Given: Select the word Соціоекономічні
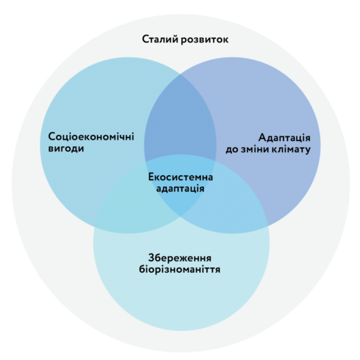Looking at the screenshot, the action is click(91, 136).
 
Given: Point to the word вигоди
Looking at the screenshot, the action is click(66, 149).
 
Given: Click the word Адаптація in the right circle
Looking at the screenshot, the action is click(284, 138).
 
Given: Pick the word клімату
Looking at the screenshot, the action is click(291, 149).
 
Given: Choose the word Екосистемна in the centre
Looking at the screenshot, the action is click(180, 177).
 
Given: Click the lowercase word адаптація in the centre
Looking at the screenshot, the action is click(180, 189).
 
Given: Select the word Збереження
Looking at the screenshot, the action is click(180, 258).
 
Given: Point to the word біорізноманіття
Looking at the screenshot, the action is click(180, 269).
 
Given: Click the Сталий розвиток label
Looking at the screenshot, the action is click(185, 39).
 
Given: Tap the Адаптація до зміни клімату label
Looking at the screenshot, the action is click(268, 143).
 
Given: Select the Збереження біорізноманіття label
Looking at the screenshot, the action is click(180, 264).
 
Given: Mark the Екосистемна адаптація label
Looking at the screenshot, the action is click(180, 183).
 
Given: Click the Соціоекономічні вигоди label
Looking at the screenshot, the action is click(91, 142).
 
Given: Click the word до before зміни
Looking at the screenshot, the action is click(232, 150).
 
